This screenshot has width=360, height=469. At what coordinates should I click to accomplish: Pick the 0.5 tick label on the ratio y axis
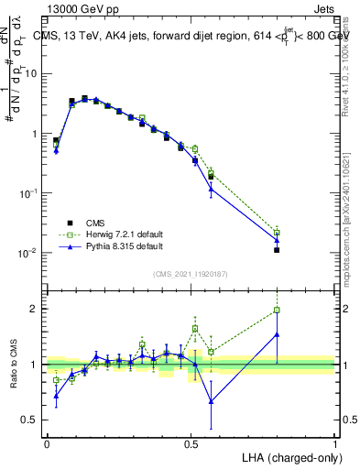pyautogui.click(x=32, y=420)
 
